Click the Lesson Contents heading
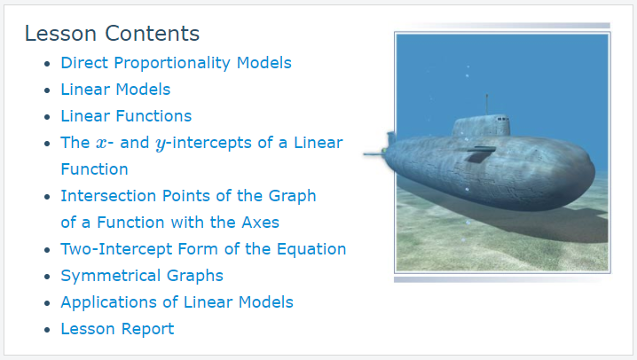tap(112, 34)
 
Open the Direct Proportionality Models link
tap(176, 63)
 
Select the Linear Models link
tap(115, 90)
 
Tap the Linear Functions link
tap(126, 116)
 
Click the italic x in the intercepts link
tap(101, 144)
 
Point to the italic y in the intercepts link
tap(161, 145)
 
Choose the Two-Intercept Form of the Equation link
tap(203, 249)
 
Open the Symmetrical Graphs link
tap(142, 276)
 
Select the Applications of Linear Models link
tap(177, 302)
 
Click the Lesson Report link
tap(117, 329)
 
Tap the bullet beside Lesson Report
tap(47, 330)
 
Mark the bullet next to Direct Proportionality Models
tap(47, 64)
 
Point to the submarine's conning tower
tap(482, 126)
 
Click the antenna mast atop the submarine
tap(487, 105)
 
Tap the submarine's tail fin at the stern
tap(390, 138)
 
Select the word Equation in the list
tap(311, 249)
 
